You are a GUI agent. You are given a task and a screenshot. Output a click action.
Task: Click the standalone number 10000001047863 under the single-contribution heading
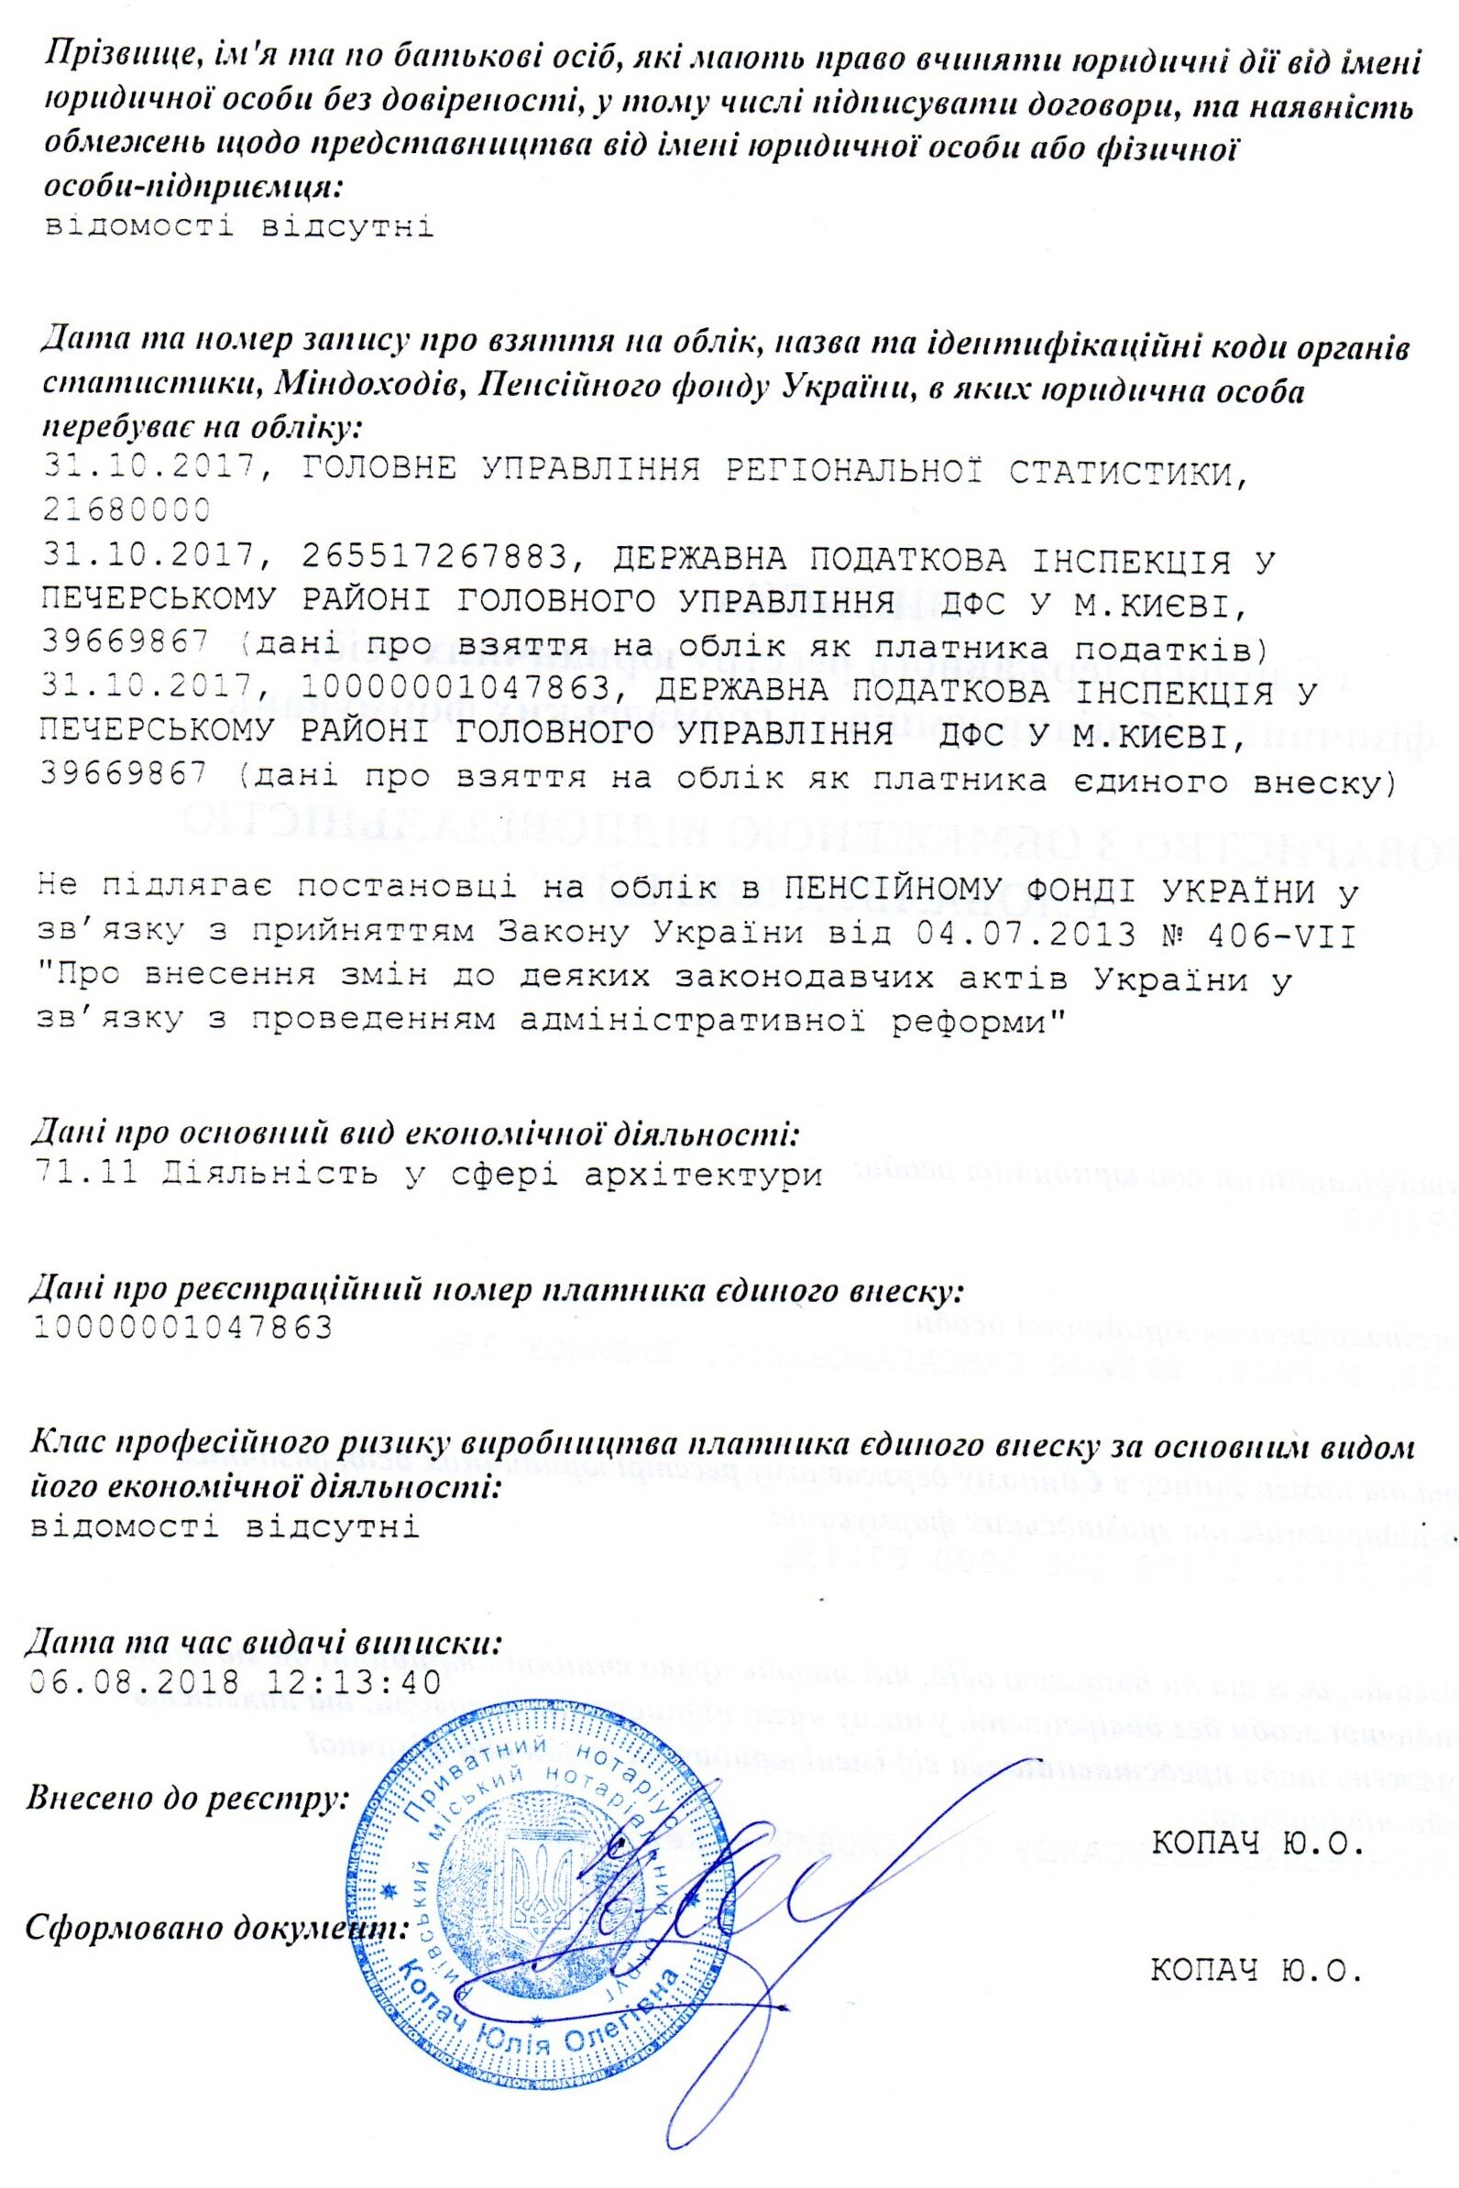tap(182, 1326)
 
